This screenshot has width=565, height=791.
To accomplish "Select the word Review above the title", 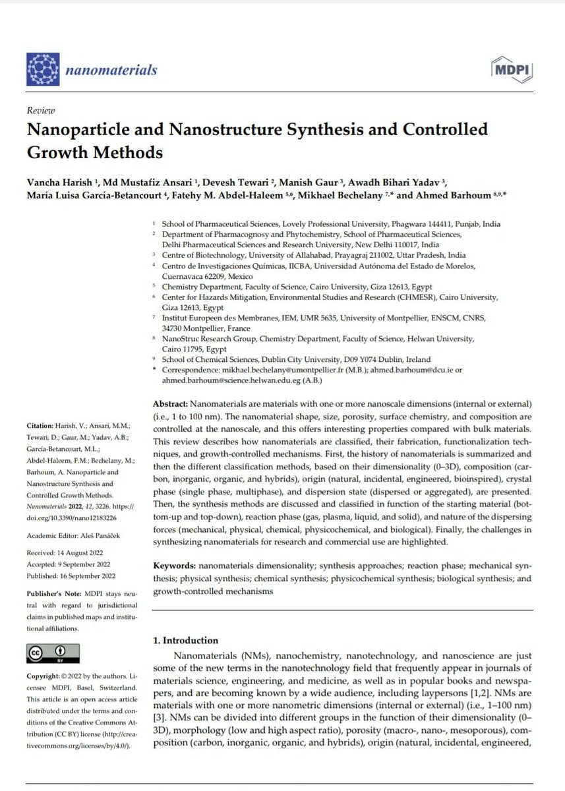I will point(40,111).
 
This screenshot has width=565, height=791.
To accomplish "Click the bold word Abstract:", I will point(171,403).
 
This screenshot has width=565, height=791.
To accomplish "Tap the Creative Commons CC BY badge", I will point(53,653).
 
